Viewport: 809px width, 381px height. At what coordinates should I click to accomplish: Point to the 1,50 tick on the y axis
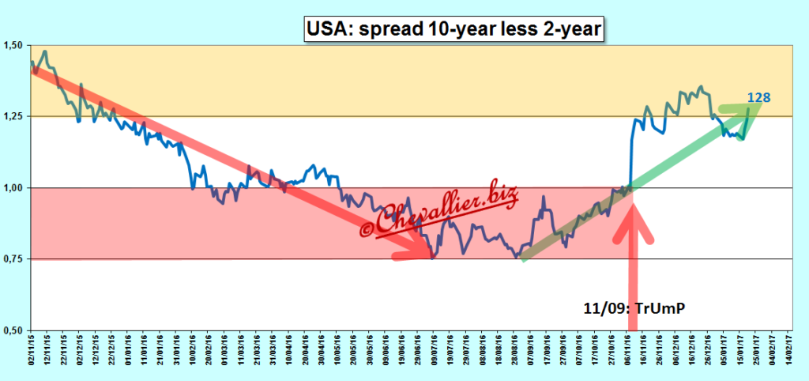(13, 45)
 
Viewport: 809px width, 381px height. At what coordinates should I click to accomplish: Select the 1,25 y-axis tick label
(13, 116)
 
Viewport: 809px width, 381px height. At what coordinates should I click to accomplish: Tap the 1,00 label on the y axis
(13, 188)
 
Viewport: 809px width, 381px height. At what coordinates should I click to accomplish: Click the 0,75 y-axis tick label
(13, 259)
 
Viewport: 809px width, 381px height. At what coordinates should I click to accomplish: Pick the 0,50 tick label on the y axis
(13, 330)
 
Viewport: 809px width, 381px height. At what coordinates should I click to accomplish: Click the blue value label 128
(758, 98)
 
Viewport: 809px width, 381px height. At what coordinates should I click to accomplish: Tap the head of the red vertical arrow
(633, 217)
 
